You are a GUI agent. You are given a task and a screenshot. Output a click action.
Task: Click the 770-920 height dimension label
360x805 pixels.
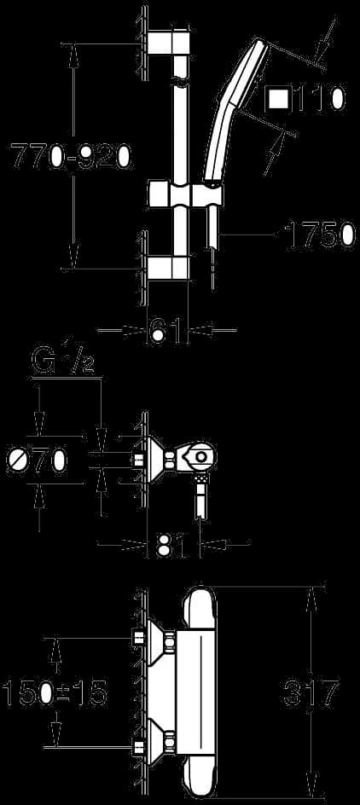point(72,157)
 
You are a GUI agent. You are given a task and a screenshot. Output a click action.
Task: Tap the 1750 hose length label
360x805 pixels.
point(320,235)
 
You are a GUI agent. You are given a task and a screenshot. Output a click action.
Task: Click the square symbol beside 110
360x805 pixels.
point(279,99)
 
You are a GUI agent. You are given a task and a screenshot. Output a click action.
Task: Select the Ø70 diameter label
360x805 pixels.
point(37,459)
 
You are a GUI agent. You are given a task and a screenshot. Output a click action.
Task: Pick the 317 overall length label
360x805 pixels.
point(311,693)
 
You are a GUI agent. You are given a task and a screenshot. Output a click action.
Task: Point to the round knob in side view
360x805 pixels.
point(200,456)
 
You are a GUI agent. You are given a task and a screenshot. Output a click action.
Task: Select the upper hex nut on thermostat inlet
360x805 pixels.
point(170,640)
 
